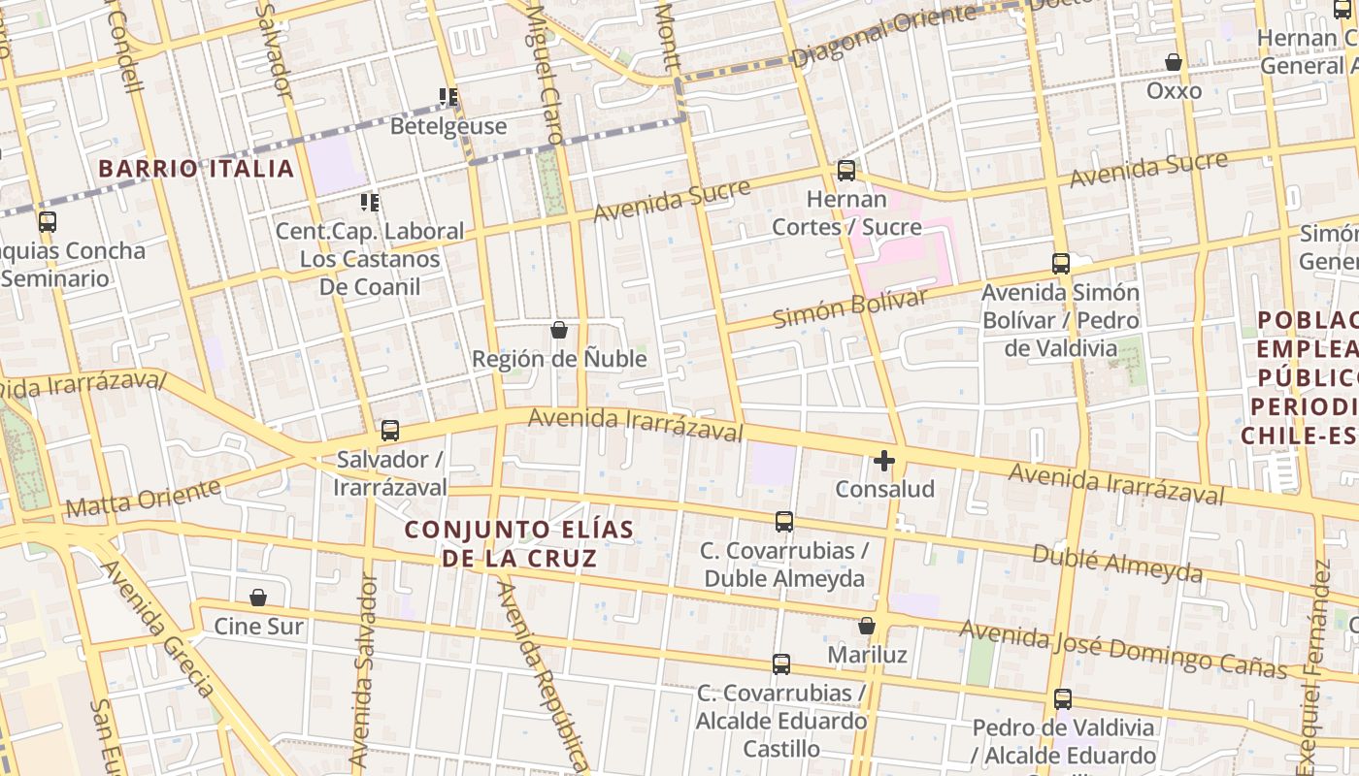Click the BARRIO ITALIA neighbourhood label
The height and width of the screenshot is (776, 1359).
click(196, 169)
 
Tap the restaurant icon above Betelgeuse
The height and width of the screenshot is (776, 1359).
click(448, 97)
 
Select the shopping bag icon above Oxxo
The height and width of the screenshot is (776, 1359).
click(1174, 63)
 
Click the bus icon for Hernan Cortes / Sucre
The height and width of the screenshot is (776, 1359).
click(846, 171)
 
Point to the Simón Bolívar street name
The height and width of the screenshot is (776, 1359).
click(850, 307)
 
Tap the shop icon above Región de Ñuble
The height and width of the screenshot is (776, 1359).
click(559, 330)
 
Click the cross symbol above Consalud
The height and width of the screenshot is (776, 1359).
click(884, 461)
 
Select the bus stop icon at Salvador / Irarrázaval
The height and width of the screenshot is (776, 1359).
click(390, 430)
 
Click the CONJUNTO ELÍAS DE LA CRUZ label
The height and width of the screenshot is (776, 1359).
click(519, 544)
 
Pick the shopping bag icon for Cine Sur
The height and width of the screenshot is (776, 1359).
click(258, 598)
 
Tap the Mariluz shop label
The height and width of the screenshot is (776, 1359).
click(867, 655)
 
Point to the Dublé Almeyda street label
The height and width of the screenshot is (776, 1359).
click(1117, 563)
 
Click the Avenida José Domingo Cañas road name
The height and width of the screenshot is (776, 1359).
click(1123, 649)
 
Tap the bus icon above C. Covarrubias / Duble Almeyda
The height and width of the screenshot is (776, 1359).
click(784, 522)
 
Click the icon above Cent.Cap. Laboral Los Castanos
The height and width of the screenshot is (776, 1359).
click(370, 203)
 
